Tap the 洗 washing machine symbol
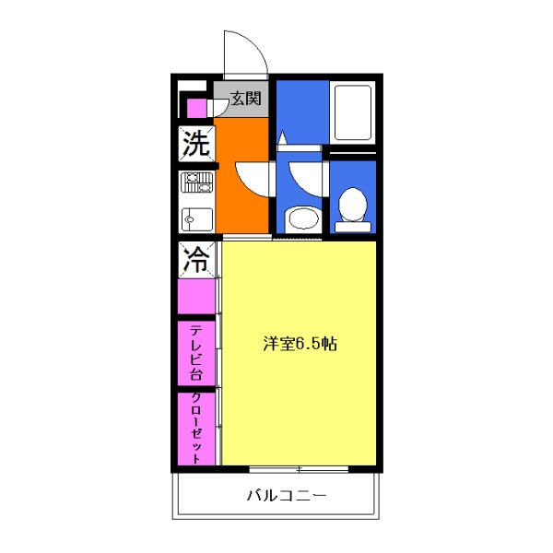click(x=195, y=144)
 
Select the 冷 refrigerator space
click(x=195, y=260)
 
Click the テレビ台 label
click(x=196, y=353)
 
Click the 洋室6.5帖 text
click(x=300, y=345)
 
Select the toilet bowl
click(x=351, y=205)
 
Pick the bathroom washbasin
click(x=300, y=219)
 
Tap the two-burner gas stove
click(x=196, y=182)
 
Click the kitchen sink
click(x=196, y=219)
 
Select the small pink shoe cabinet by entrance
click(x=195, y=108)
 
